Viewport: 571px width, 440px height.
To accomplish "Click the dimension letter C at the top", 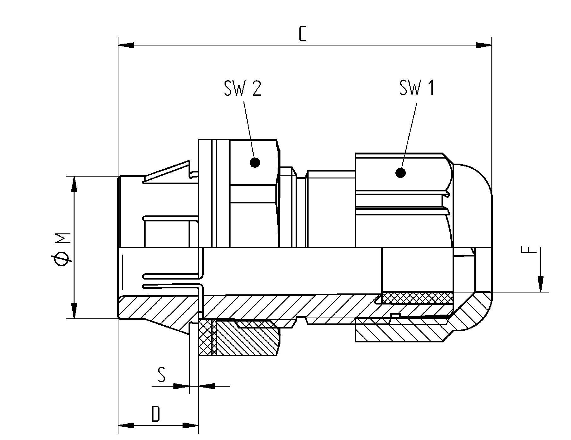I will [302, 34].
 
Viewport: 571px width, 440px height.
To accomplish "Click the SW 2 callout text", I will [243, 88].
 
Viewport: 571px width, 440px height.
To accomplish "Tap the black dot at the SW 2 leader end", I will [255, 163].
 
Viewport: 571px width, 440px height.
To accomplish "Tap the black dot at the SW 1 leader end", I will [400, 173].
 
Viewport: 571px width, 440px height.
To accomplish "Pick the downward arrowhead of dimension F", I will [541, 284].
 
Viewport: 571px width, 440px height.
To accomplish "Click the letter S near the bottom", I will [161, 375].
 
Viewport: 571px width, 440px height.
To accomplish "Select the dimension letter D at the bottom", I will [156, 414].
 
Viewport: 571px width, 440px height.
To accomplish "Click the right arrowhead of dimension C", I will [484, 45].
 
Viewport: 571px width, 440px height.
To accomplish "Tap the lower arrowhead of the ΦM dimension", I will [74, 311].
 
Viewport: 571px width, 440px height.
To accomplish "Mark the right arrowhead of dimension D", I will [191, 425].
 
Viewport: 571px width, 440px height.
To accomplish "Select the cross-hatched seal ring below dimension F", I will [417, 298].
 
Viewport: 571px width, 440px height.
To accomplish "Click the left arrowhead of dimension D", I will [126, 425].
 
